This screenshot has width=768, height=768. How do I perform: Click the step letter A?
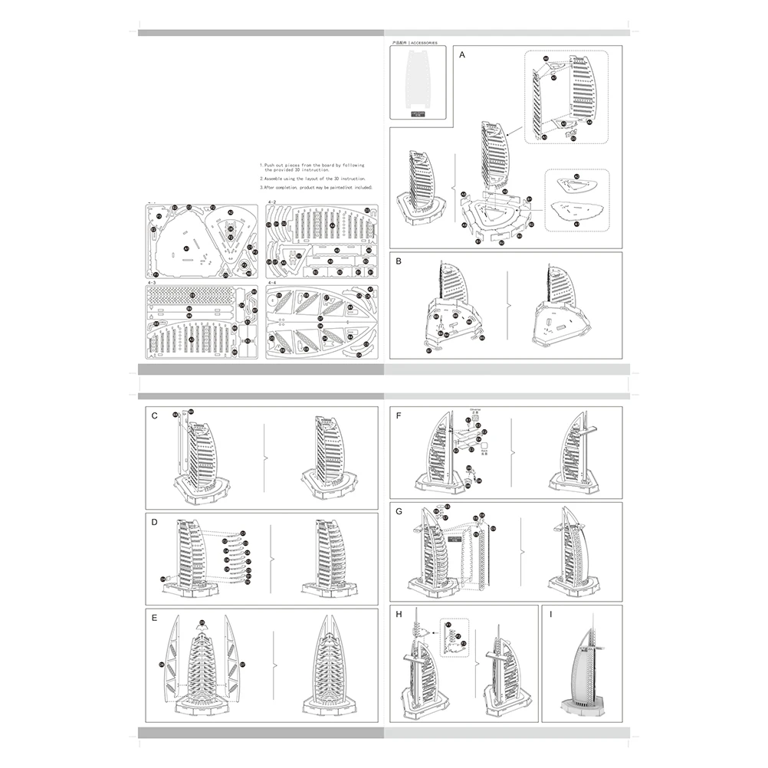pos(462,56)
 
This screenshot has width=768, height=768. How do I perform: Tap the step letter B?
pos(399,261)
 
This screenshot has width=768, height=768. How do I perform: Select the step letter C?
pos(155,415)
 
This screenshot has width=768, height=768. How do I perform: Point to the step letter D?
pos(154,522)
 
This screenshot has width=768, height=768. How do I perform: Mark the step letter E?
pos(155,618)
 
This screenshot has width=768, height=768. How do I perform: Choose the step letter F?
pos(399,415)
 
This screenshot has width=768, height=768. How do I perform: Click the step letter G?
pos(399,511)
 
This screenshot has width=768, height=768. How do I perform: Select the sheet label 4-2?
pos(271,202)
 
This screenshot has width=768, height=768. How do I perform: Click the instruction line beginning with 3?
pos(316,186)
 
